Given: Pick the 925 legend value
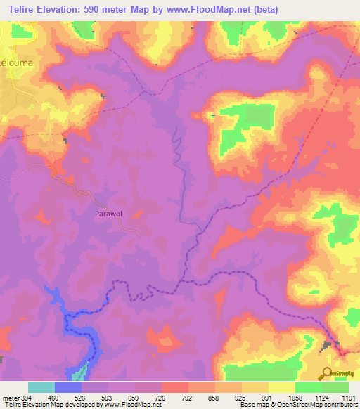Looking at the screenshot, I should pos(239,398).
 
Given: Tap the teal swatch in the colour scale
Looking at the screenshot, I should pos(41,387).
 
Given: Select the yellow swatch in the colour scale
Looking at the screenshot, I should pos(281,387).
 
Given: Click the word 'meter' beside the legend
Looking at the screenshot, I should pos(11,398).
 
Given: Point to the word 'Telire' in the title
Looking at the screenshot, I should pos(24,10).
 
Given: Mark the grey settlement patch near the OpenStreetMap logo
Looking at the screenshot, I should pos(328,345).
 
